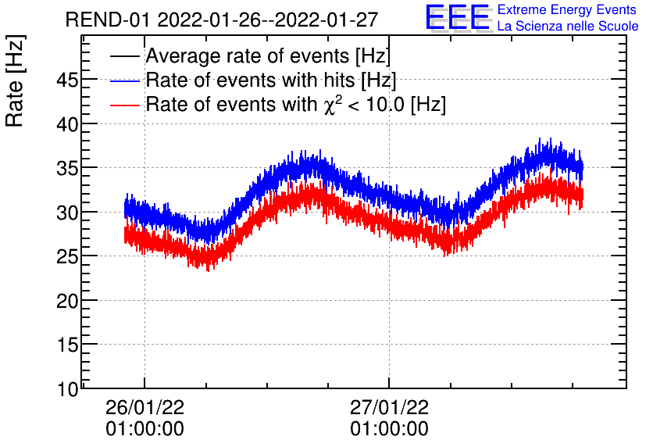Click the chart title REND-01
227,20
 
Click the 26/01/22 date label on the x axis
145,408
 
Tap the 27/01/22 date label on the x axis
389,408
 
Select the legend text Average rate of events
268,56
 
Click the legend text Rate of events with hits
271,80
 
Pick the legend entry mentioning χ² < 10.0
295,104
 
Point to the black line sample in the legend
125,57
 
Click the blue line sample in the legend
125,81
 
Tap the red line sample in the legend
125,105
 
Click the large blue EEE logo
458,18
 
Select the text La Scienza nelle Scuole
568,27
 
